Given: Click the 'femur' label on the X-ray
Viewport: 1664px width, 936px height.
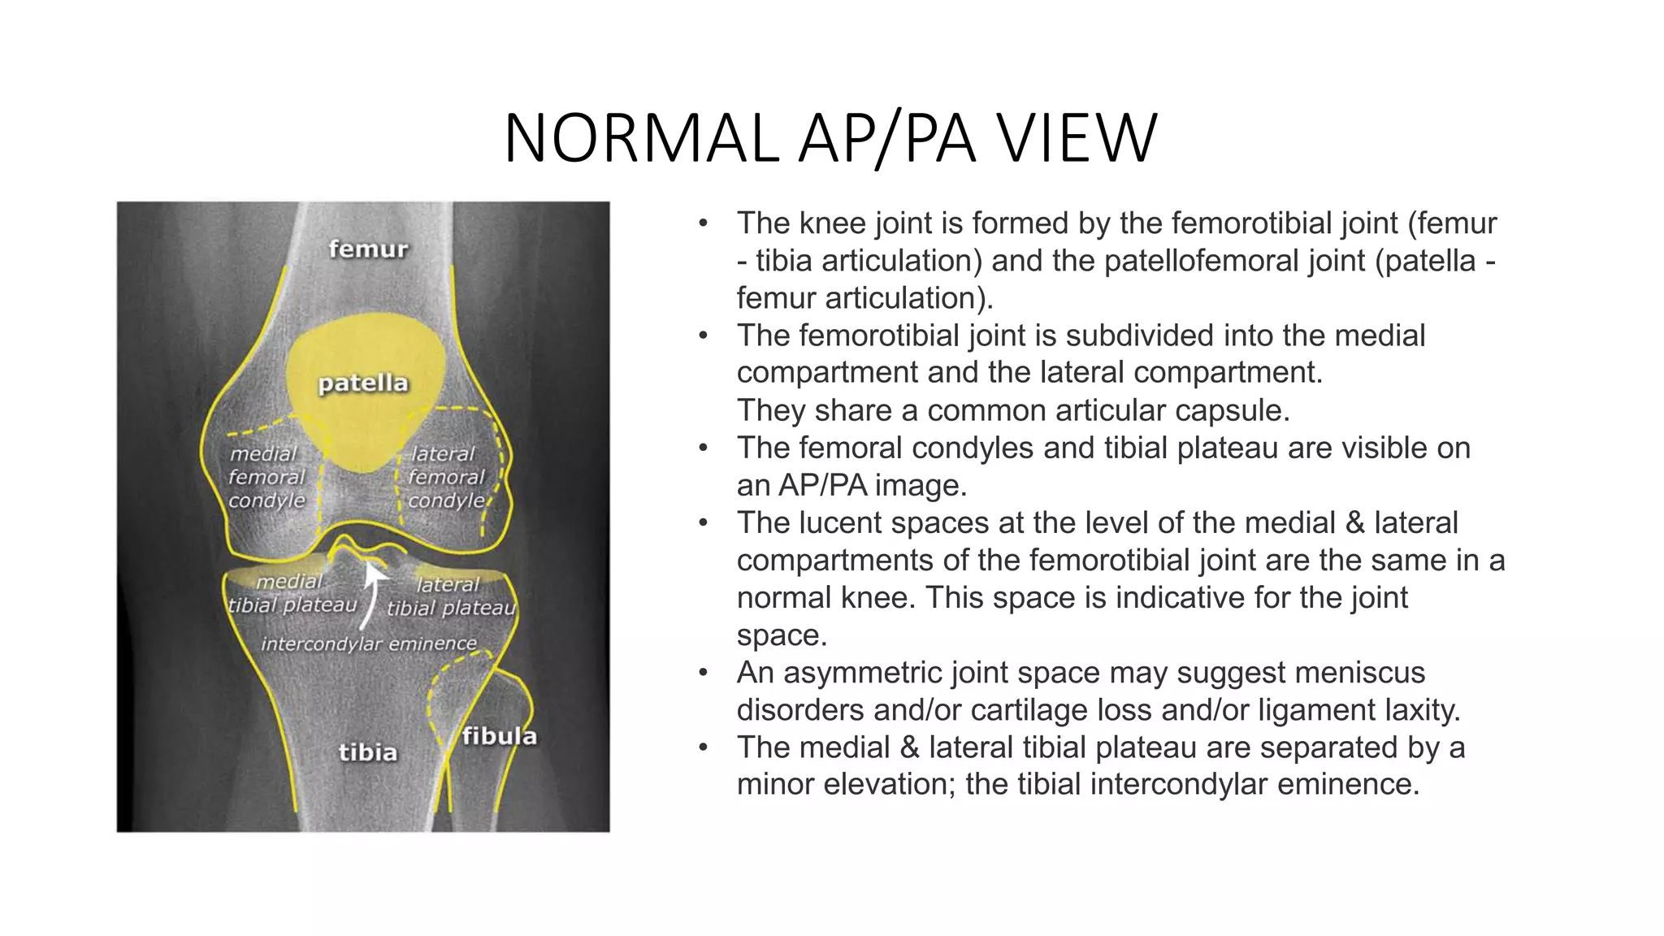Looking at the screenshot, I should [368, 249].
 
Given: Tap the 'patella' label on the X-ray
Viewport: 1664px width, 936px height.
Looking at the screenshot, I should [362, 383].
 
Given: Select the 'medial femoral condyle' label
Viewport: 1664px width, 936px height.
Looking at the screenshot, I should [266, 477].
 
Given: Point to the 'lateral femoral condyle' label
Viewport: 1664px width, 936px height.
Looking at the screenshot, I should [445, 477].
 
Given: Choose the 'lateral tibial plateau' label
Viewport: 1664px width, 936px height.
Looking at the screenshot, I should [450, 596].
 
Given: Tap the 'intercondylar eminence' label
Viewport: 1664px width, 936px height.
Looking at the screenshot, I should [368, 643].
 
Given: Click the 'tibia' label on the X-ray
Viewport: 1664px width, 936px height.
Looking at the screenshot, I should [368, 752].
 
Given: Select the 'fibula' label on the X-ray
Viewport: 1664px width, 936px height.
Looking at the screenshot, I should [499, 736].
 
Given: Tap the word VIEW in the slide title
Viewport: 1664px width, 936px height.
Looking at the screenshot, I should [1077, 139].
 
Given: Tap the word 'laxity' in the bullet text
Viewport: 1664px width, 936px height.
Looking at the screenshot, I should [1422, 710].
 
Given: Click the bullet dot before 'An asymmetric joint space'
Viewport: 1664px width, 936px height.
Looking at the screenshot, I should [704, 673].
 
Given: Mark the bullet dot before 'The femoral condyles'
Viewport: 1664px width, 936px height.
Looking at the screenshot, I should [704, 448].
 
